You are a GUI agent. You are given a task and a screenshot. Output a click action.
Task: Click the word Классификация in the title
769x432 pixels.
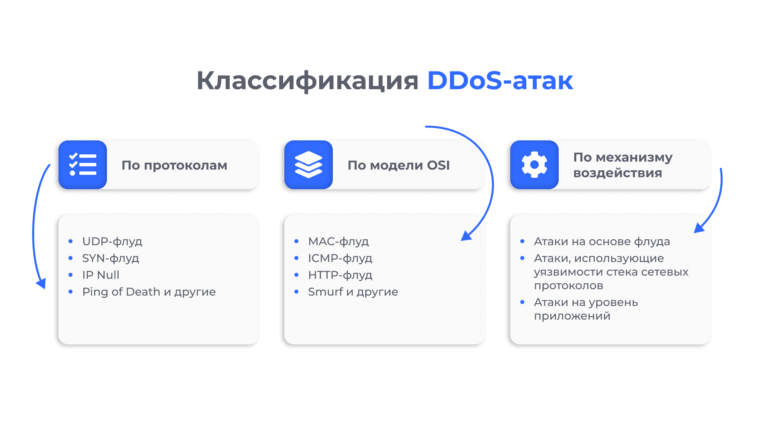tap(307, 81)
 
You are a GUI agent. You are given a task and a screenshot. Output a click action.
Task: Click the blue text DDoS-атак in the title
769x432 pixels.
tap(500, 80)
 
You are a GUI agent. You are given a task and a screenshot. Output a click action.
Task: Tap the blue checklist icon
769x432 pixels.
tap(83, 164)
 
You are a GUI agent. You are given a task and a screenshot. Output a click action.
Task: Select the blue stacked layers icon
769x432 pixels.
tap(308, 164)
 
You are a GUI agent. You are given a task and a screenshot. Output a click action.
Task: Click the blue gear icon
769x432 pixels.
tap(534, 164)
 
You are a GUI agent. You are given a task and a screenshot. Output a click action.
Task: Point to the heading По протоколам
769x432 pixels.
tap(174, 165)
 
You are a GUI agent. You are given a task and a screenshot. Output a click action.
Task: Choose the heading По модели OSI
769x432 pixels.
tap(399, 165)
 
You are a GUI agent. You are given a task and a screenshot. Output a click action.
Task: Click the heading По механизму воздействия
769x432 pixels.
tap(623, 165)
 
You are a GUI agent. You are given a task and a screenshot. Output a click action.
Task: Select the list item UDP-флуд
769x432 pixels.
tap(112, 242)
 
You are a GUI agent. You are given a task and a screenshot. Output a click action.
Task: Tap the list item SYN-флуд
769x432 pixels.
tap(111, 258)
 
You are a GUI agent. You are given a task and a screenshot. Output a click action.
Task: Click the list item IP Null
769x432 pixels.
tap(101, 275)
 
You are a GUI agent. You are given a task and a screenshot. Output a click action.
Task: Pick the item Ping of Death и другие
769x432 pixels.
tap(149, 292)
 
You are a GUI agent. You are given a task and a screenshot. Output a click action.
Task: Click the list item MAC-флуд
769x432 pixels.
tap(338, 242)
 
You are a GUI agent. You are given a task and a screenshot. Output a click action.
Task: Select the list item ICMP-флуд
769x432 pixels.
tap(340, 258)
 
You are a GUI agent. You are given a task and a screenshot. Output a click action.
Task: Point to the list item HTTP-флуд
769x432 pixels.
tap(340, 275)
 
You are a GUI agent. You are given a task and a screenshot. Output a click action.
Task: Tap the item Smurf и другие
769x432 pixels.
tap(353, 292)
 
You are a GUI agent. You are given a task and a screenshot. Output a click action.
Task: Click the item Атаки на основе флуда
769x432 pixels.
tap(602, 242)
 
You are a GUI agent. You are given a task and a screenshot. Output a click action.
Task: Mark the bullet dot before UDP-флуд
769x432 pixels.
tap(70, 241)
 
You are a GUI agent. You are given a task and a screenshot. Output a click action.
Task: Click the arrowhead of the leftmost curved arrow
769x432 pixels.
tap(41, 284)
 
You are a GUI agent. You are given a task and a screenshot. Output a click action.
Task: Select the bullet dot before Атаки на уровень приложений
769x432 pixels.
tap(522, 302)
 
